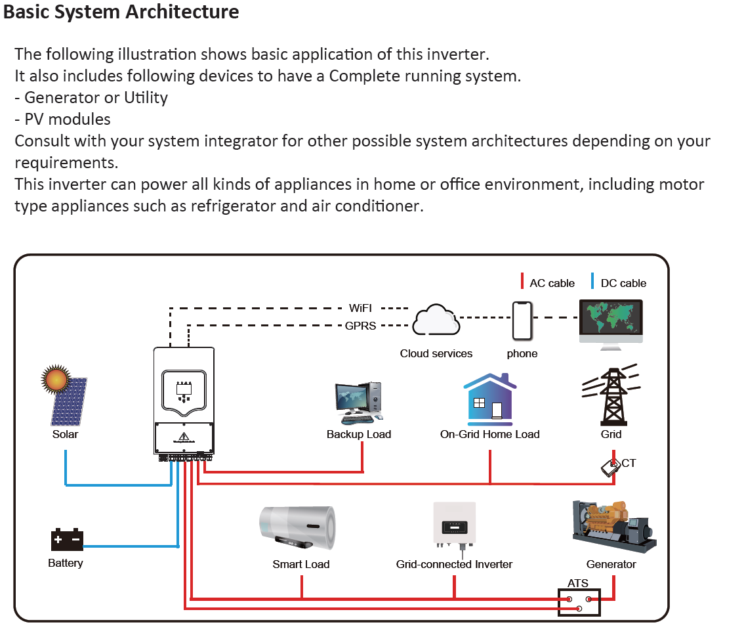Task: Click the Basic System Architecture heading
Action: click(x=121, y=12)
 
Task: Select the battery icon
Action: click(x=67, y=540)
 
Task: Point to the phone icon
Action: click(x=522, y=321)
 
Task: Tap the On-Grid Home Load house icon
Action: click(x=490, y=399)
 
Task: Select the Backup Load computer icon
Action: click(x=358, y=402)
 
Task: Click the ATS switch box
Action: click(x=579, y=603)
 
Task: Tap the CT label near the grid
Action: click(x=629, y=463)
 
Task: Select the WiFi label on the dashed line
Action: click(x=361, y=308)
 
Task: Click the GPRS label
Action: click(x=361, y=325)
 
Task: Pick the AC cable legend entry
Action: click(x=551, y=283)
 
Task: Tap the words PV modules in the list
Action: click(x=67, y=119)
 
